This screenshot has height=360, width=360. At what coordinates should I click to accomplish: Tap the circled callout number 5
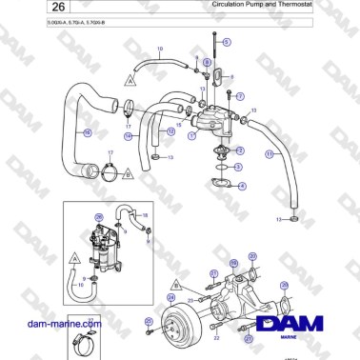tap(227, 43)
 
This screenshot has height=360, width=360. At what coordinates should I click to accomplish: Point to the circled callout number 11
tap(270, 153)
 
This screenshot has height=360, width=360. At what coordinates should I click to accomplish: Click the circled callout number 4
tap(241, 186)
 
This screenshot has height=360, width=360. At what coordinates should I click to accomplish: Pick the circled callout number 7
tap(240, 97)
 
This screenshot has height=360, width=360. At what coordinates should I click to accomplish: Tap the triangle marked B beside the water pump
tap(175, 284)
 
